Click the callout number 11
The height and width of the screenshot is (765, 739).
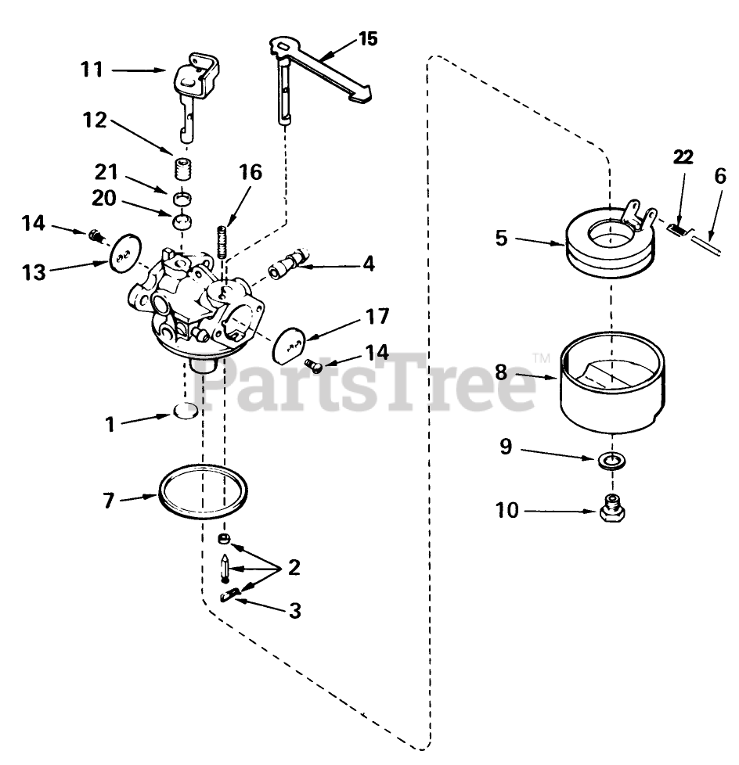point(92,70)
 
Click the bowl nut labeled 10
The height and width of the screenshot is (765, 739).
point(612,511)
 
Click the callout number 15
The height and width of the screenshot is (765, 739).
point(368,38)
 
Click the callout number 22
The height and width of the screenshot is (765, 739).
point(683,157)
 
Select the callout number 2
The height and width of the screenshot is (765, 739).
point(294,567)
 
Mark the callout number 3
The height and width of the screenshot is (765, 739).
point(294,609)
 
